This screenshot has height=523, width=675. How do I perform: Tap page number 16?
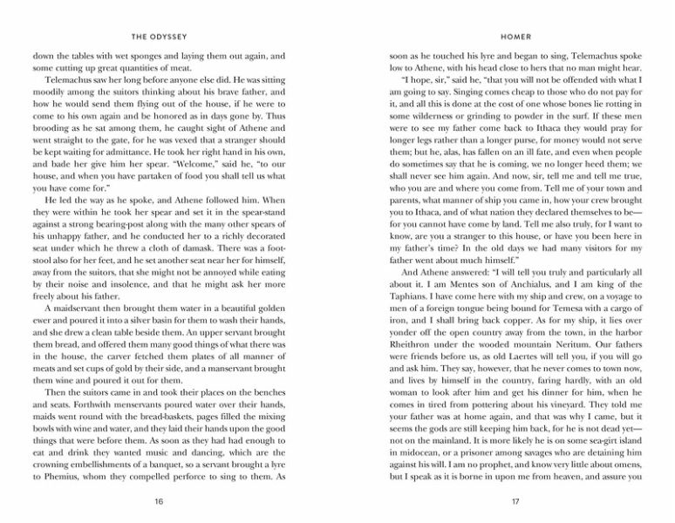(158, 502)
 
